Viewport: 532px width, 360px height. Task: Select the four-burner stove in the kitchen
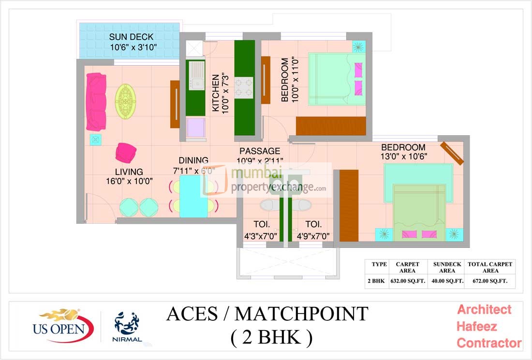tap(244, 87)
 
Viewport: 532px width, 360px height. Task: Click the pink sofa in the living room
tap(96, 101)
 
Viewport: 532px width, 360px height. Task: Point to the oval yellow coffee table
tap(126, 99)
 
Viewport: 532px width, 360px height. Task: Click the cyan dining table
tap(193, 196)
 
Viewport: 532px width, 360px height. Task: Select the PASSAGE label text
tap(259, 151)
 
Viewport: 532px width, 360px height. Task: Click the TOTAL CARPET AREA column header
tap(490, 267)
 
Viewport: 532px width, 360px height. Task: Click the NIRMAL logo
tap(128, 327)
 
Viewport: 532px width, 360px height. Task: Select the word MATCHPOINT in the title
tap(301, 314)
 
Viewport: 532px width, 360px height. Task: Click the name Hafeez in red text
tap(476, 326)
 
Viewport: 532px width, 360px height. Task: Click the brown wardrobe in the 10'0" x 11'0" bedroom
tap(331, 126)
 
